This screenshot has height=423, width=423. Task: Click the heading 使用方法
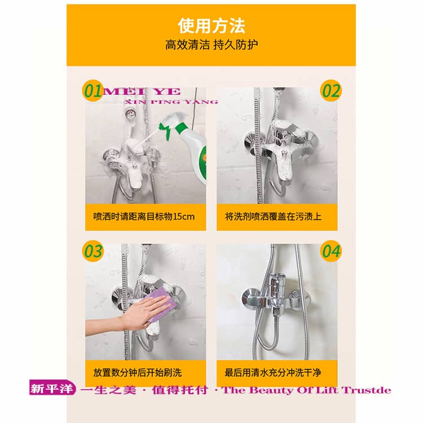pyautogui.click(x=211, y=25)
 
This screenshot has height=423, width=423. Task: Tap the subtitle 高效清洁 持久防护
pyautogui.click(x=211, y=45)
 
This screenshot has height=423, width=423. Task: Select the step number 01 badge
pyautogui.click(x=92, y=91)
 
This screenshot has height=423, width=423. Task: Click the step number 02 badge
pyautogui.click(x=331, y=91)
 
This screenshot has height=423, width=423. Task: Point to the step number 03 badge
pyautogui.click(x=93, y=251)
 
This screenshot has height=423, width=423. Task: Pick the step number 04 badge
pyautogui.click(x=331, y=251)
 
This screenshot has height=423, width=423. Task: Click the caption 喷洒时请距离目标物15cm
pyautogui.click(x=144, y=217)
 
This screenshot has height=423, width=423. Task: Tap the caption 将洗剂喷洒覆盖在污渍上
pyautogui.click(x=273, y=217)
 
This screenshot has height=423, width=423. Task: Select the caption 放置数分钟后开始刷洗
pyautogui.click(x=137, y=373)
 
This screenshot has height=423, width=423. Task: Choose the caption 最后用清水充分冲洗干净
pyautogui.click(x=273, y=373)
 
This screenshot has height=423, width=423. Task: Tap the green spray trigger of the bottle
pyautogui.click(x=165, y=130)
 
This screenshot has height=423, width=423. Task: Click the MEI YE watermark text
pyautogui.click(x=141, y=92)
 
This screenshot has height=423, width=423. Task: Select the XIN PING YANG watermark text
pyautogui.click(x=171, y=102)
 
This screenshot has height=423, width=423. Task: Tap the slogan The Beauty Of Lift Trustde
pyautogui.click(x=306, y=390)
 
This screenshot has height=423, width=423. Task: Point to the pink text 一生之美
pyautogui.click(x=108, y=390)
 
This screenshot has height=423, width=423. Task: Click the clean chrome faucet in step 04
pyautogui.click(x=275, y=296)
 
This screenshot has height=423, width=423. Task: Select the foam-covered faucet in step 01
pyautogui.click(x=132, y=162)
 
